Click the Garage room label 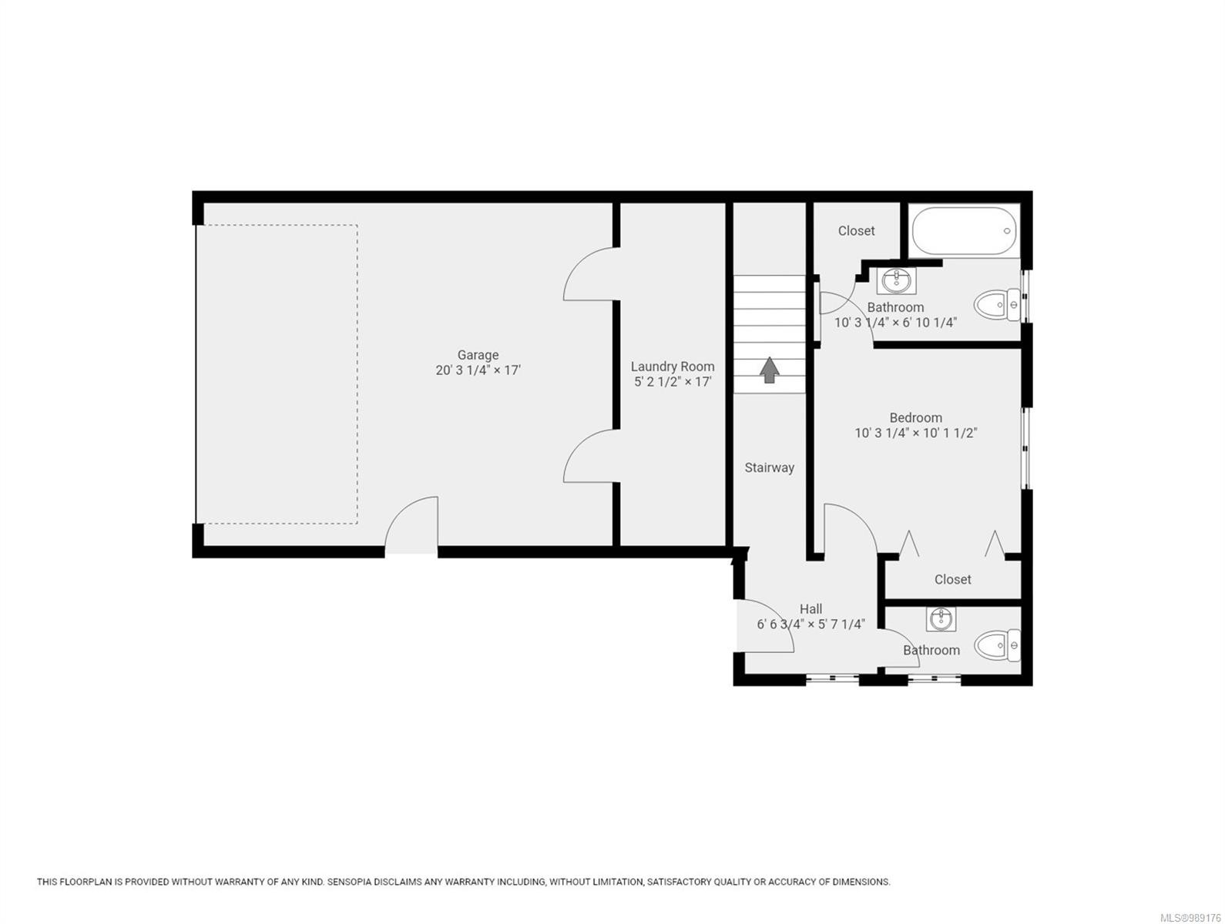478,355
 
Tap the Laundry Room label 672,367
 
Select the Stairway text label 769,467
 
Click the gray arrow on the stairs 769,370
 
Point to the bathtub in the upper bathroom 964,231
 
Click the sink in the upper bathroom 896,281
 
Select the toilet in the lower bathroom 997,645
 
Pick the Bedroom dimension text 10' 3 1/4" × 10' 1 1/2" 915,433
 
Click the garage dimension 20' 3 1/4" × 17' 478,370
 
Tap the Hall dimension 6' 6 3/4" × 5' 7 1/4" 811,624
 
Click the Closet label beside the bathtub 856,230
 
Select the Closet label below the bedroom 952,579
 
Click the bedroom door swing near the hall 849,530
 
